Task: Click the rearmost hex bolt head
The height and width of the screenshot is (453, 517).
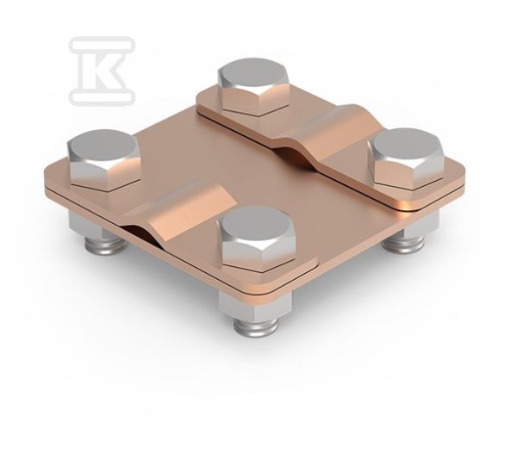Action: coord(252,87)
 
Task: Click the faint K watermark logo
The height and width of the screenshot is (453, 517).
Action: coord(102,71)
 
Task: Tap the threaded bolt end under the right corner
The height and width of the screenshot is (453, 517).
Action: coord(403,244)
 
